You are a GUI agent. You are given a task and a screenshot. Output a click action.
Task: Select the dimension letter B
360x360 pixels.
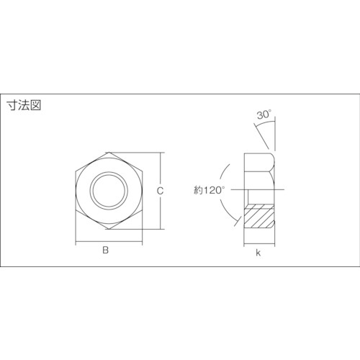pyautogui.click(x=105, y=251)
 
